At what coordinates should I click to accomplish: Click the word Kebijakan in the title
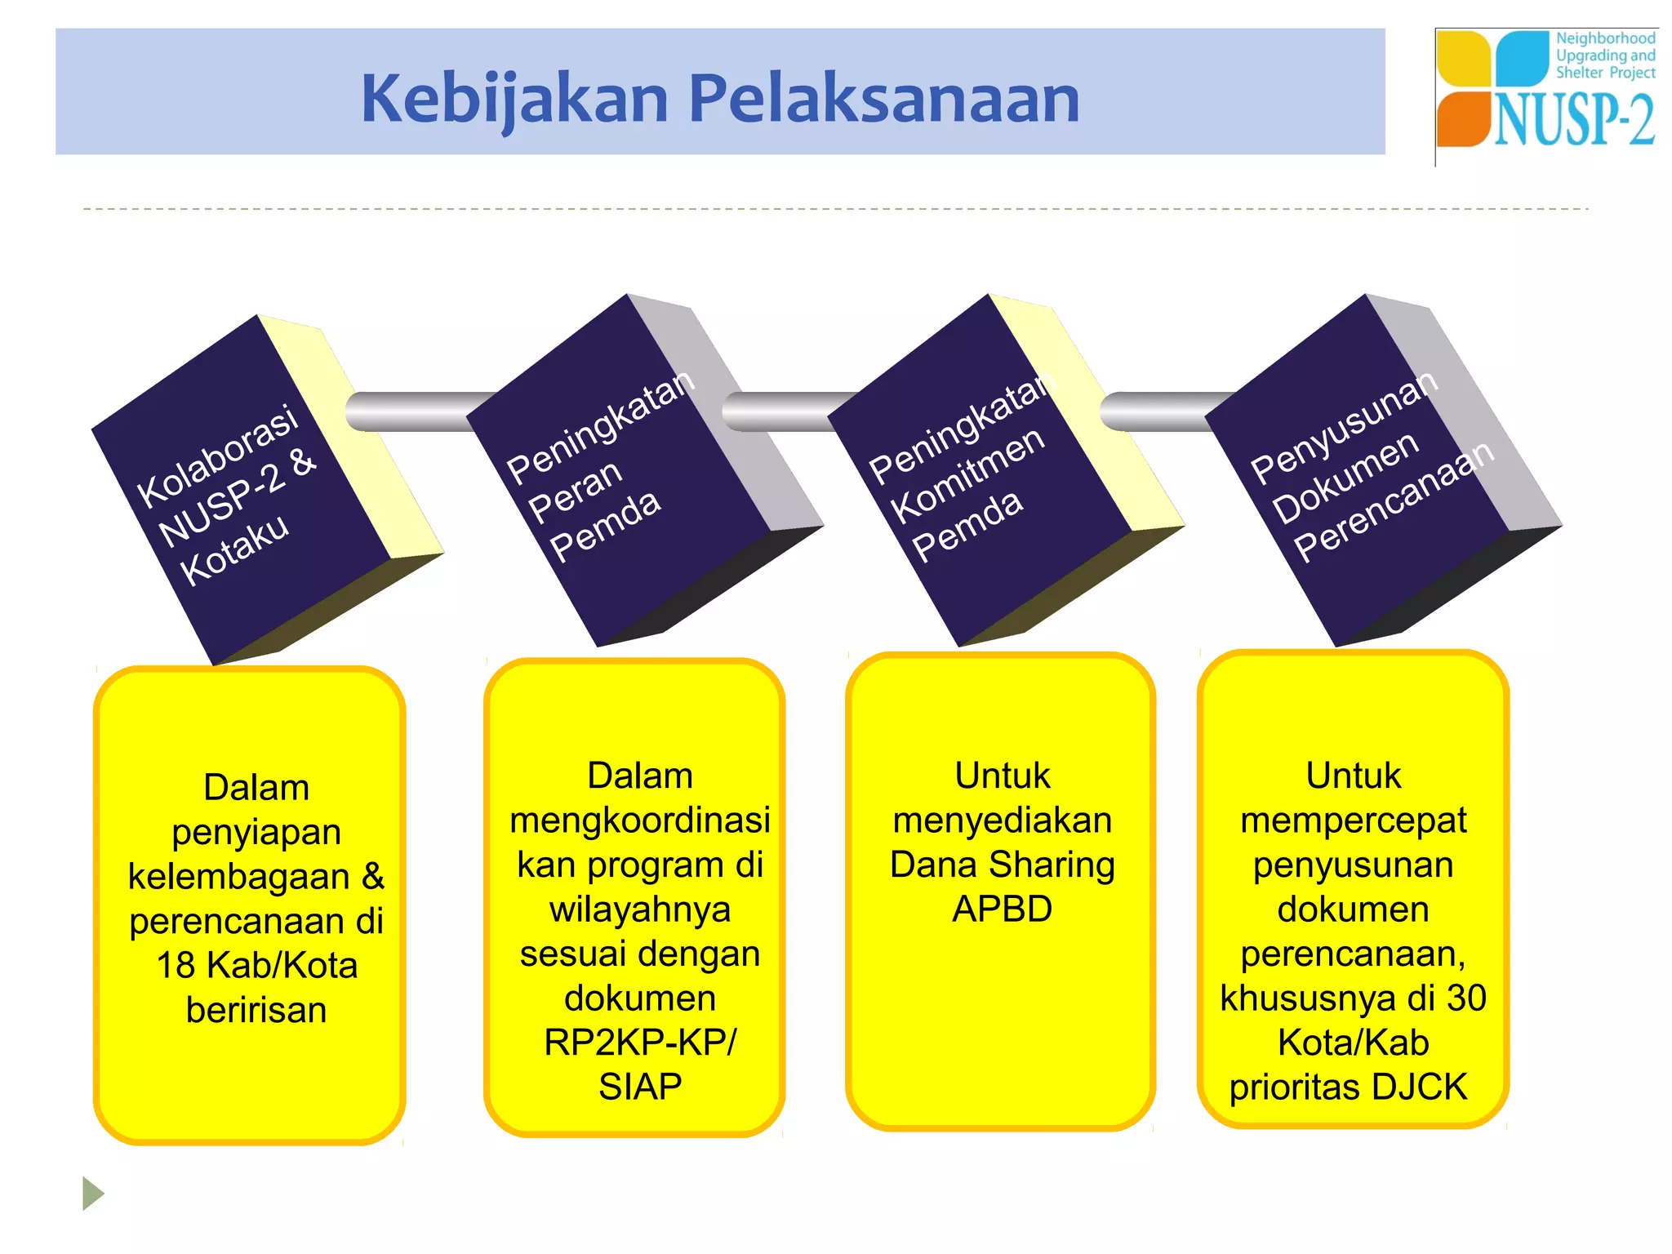tap(515, 99)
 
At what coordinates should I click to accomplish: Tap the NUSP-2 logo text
tap(1574, 121)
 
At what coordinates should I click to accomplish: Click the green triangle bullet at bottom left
tap(92, 1194)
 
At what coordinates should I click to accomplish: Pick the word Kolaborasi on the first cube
tap(217, 456)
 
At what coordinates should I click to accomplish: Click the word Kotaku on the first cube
tap(234, 549)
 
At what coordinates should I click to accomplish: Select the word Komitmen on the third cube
tap(967, 475)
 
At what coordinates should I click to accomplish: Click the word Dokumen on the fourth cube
tap(1345, 477)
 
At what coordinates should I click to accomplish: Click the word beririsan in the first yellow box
tap(256, 1010)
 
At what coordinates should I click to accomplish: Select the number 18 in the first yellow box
tap(176, 966)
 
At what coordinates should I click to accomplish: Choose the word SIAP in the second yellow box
tap(640, 1087)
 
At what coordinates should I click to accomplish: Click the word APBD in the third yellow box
tap(1002, 909)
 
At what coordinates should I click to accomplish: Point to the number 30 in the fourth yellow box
tap(1466, 998)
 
